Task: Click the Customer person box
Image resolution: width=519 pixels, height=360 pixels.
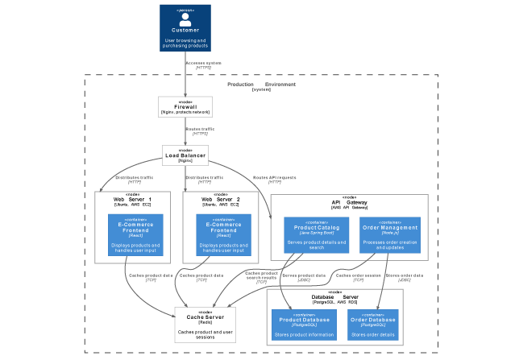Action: [185, 28]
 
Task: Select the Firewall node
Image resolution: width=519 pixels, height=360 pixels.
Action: [185, 107]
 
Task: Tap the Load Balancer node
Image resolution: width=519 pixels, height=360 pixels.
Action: [185, 155]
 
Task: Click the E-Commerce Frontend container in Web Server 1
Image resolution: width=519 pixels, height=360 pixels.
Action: [135, 234]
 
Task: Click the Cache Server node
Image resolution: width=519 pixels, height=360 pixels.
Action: [205, 325]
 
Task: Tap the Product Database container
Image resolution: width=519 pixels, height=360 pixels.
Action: [303, 324]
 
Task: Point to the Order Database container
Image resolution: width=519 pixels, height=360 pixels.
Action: [372, 324]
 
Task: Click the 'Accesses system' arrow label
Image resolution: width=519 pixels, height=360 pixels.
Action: [203, 63]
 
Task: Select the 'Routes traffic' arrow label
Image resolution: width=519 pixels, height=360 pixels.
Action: [200, 129]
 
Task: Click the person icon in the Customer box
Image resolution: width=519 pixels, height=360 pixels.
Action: [185, 19]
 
